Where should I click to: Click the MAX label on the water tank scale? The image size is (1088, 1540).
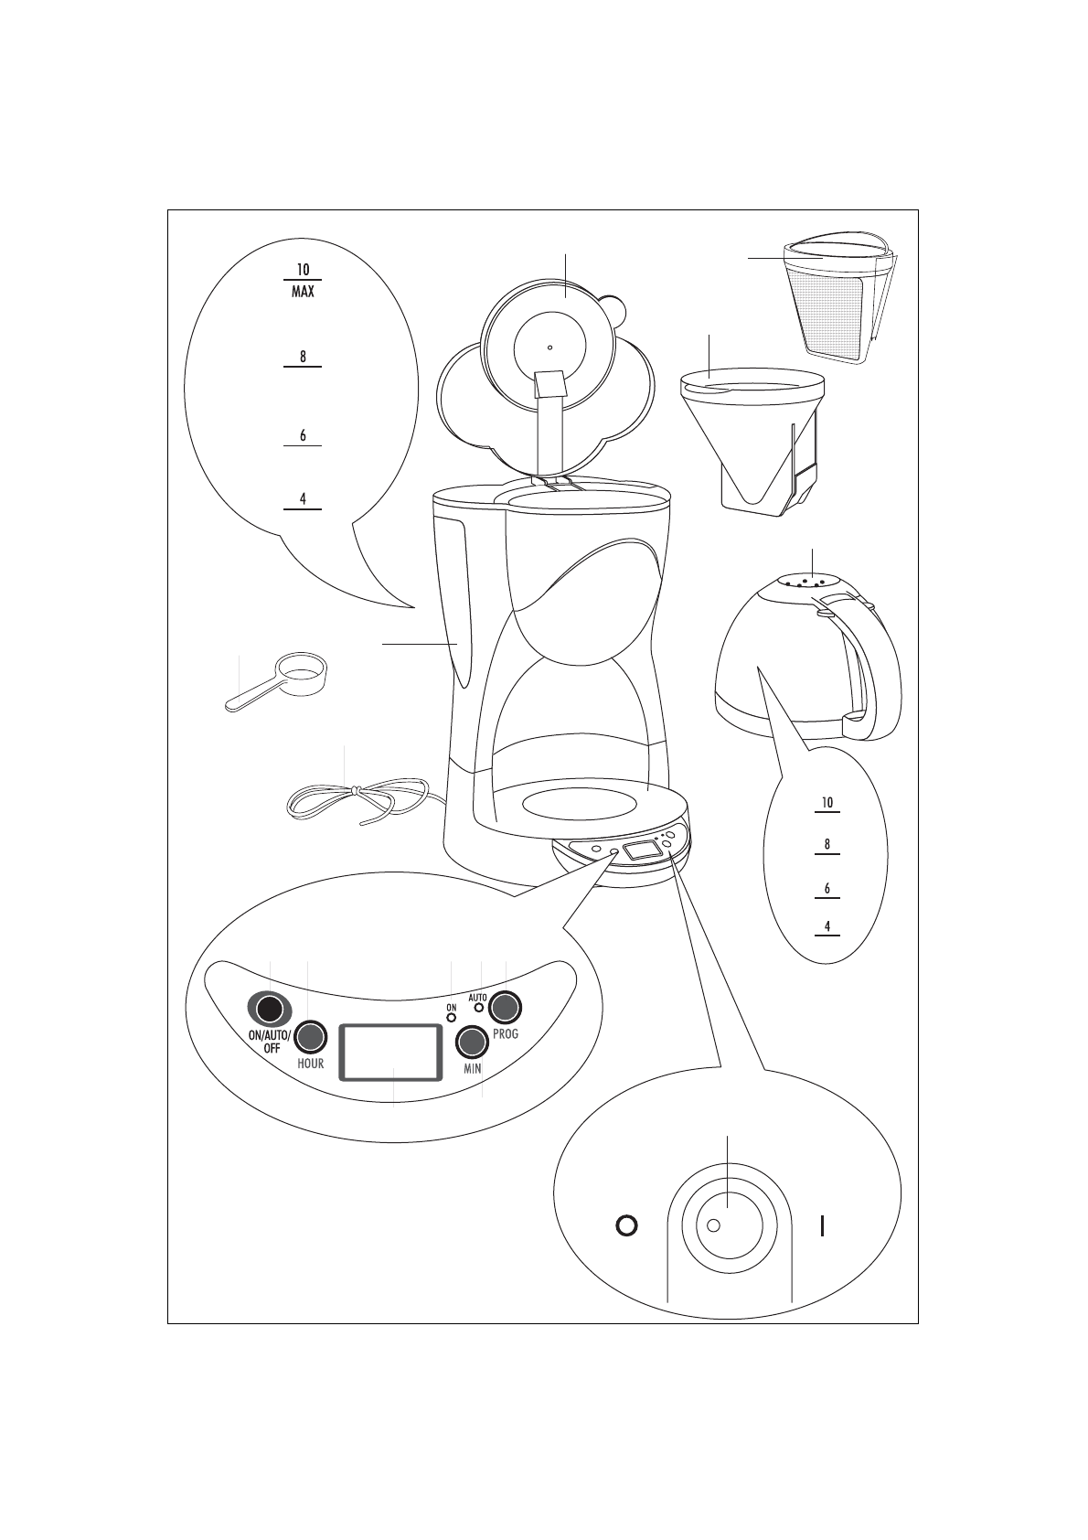pyautogui.click(x=303, y=293)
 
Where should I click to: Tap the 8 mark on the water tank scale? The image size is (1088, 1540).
pyautogui.click(x=303, y=357)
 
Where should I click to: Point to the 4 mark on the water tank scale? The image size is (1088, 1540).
pyautogui.click(x=303, y=499)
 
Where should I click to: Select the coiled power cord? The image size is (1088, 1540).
pyautogui.click(x=357, y=800)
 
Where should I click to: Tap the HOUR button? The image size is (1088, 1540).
pyautogui.click(x=311, y=1036)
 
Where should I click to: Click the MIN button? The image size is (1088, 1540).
pyautogui.click(x=472, y=1042)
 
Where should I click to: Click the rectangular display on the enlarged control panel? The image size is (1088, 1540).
pyautogui.click(x=390, y=1052)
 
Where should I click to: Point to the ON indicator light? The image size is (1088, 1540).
pyautogui.click(x=451, y=1017)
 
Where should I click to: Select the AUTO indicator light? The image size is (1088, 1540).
pyautogui.click(x=478, y=1008)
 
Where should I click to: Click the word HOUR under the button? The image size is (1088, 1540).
pyautogui.click(x=311, y=1064)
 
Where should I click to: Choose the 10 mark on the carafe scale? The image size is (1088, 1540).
pyautogui.click(x=827, y=803)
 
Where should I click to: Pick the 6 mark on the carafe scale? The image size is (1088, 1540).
pyautogui.click(x=827, y=888)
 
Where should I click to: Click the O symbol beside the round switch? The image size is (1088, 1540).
pyautogui.click(x=626, y=1225)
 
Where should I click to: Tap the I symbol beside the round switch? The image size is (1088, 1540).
pyautogui.click(x=823, y=1225)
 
